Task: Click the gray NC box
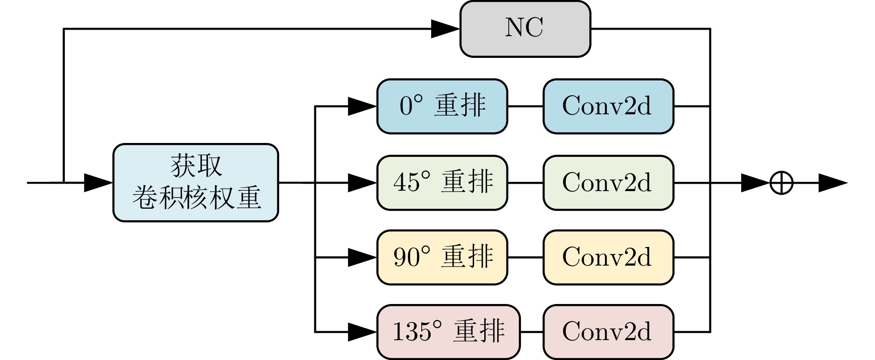(525, 29)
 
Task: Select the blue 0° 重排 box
(442, 106)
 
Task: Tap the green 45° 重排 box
(442, 183)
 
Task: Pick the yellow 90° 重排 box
(442, 257)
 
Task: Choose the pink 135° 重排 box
(449, 332)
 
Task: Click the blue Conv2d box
(608, 106)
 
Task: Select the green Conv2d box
(608, 183)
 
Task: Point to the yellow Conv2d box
(608, 257)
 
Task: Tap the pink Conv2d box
(608, 332)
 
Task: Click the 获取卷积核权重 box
(196, 183)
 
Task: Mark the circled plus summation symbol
(781, 183)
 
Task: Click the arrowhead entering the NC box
(445, 29)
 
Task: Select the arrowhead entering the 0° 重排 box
(362, 106)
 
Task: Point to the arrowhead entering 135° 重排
(362, 332)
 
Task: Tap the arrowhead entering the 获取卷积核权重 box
(99, 183)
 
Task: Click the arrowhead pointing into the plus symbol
(756, 183)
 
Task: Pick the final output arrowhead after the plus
(833, 183)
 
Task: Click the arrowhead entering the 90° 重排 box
(362, 257)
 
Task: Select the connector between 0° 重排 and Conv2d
(525, 106)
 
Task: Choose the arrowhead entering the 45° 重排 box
(362, 183)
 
